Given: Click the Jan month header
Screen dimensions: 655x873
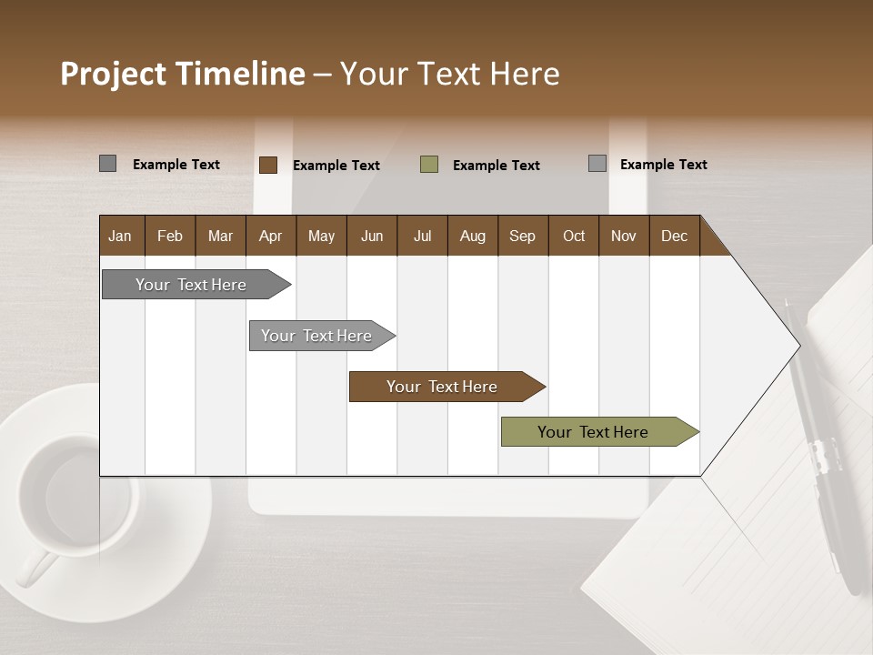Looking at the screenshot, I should [120, 236].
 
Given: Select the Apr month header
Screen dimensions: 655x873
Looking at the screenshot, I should [270, 236].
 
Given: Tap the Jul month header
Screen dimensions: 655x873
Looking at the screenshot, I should [422, 236].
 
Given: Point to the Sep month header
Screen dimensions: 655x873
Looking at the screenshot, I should [522, 236].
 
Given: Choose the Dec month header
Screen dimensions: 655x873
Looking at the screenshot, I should [674, 236].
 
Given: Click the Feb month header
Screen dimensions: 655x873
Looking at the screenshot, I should [170, 236].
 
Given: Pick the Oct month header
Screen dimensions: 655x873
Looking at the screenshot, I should [574, 236].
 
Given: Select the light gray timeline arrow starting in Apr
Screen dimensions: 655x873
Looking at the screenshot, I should [318, 336].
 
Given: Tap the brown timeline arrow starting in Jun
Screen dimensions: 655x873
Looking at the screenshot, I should [444, 387].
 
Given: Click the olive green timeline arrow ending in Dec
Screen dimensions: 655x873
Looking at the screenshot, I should [596, 432].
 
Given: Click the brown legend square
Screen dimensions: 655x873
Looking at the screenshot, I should [268, 165].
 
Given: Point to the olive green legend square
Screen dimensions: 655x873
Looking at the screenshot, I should [429, 165].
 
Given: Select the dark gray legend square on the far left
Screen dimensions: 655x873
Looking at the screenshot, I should [107, 164].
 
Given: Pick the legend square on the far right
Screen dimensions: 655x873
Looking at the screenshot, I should [597, 164].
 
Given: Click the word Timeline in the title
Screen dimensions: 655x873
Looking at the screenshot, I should [240, 74].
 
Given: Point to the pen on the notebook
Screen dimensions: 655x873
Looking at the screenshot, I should [823, 446].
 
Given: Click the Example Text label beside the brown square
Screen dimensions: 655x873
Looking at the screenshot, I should [336, 166].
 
